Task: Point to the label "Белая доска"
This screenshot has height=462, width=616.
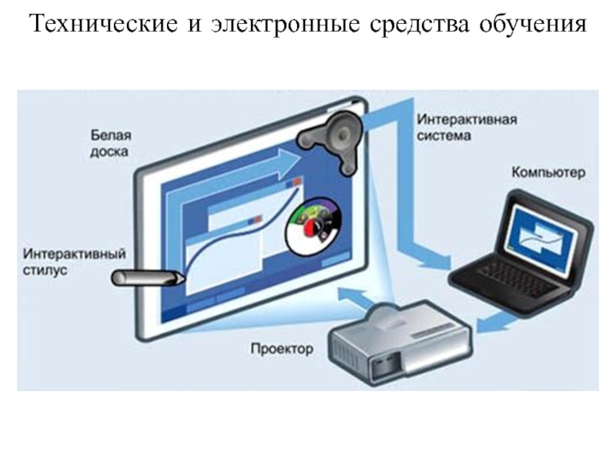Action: (x=106, y=142)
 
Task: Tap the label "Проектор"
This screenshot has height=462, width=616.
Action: (x=282, y=350)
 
